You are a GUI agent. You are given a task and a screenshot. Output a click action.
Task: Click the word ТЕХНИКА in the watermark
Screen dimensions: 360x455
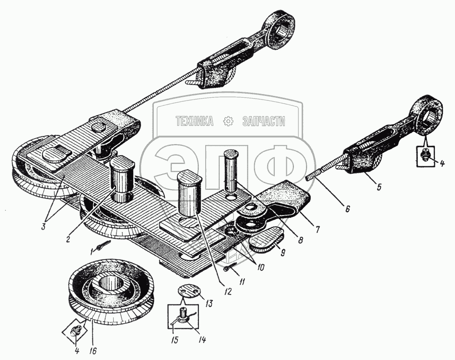[x=195, y=121]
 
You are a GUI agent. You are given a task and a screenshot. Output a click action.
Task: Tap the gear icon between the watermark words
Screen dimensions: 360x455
[x=227, y=121]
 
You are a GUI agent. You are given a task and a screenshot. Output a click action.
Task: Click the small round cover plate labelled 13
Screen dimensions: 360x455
[x=187, y=291]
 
